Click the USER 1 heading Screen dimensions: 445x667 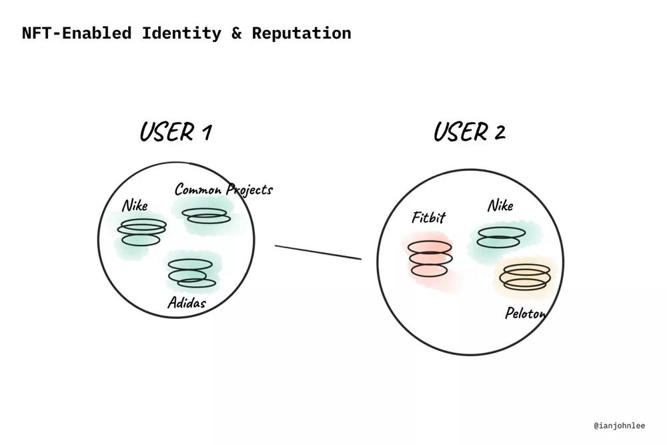click(x=175, y=131)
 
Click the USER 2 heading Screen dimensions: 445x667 click(x=469, y=131)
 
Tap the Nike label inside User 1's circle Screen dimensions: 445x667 click(x=135, y=205)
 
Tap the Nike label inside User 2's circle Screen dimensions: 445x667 click(x=500, y=205)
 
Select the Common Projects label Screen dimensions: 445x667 click(x=223, y=189)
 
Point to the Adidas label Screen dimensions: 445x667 click(x=186, y=303)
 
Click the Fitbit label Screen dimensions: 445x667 click(x=428, y=217)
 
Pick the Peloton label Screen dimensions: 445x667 click(x=526, y=312)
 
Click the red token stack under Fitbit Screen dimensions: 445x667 click(x=430, y=258)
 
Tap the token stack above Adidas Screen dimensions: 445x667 click(x=191, y=273)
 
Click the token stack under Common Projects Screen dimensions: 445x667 click(x=206, y=216)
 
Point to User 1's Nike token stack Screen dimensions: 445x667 click(x=141, y=232)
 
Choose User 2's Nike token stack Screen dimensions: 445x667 click(x=500, y=237)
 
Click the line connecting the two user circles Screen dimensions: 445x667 click(x=318, y=252)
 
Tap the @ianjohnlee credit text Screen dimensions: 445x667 click(x=620, y=425)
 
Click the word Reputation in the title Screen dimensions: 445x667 click(x=301, y=33)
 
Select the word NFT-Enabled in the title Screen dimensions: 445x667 click(x=76, y=33)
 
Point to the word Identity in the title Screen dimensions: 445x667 click(x=181, y=33)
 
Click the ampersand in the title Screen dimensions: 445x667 click(x=237, y=33)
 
